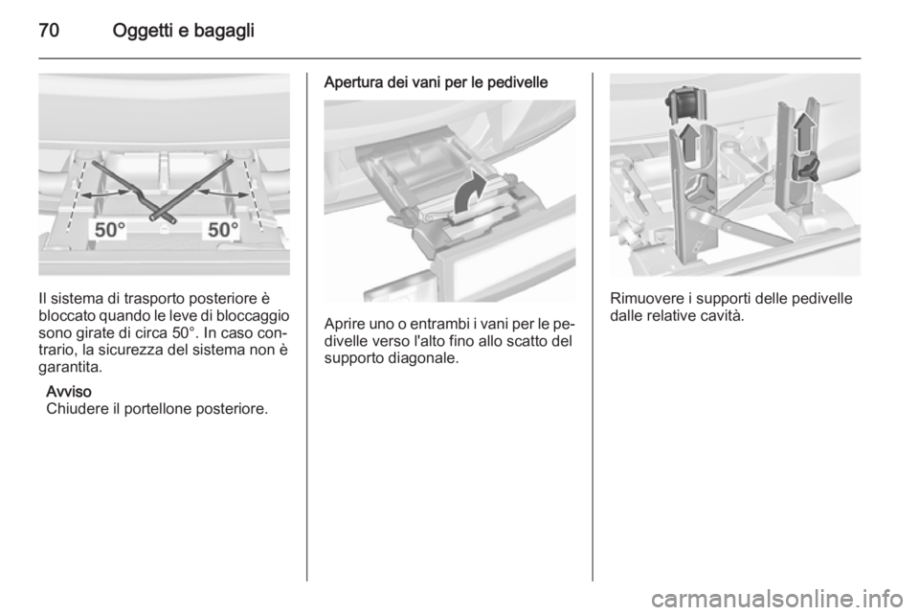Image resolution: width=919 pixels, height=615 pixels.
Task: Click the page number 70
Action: [x=49, y=31]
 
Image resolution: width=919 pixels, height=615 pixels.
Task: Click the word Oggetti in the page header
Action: [x=143, y=31]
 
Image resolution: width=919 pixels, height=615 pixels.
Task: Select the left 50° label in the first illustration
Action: [x=110, y=230]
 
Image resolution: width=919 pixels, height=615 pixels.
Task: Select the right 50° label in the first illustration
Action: [x=223, y=230]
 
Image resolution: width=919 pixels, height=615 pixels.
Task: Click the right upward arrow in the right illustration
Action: [x=802, y=130]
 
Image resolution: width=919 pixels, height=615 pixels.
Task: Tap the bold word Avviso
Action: [x=69, y=391]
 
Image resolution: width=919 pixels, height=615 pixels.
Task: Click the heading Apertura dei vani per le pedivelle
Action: [x=437, y=82]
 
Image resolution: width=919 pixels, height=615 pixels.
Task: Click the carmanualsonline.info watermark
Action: [x=784, y=599]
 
